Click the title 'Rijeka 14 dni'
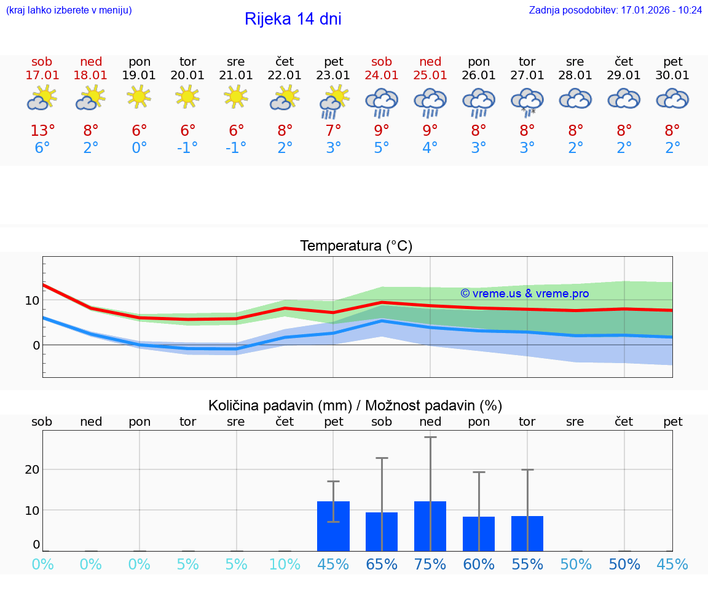(293, 19)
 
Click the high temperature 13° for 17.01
(42, 131)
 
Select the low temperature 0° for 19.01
(140, 148)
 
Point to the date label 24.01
(382, 76)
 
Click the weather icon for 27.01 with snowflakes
(527, 102)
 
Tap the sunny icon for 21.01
(236, 97)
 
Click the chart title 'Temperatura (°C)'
(356, 246)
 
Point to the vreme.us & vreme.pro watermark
(524, 294)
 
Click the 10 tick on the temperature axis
(32, 300)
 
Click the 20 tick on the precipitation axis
(32, 469)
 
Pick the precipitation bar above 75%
(430, 526)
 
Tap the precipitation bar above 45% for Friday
(333, 526)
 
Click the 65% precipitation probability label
(382, 565)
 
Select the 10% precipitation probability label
(285, 565)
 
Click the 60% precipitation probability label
(479, 565)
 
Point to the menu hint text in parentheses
(69, 10)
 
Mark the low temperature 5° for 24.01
(382, 148)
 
